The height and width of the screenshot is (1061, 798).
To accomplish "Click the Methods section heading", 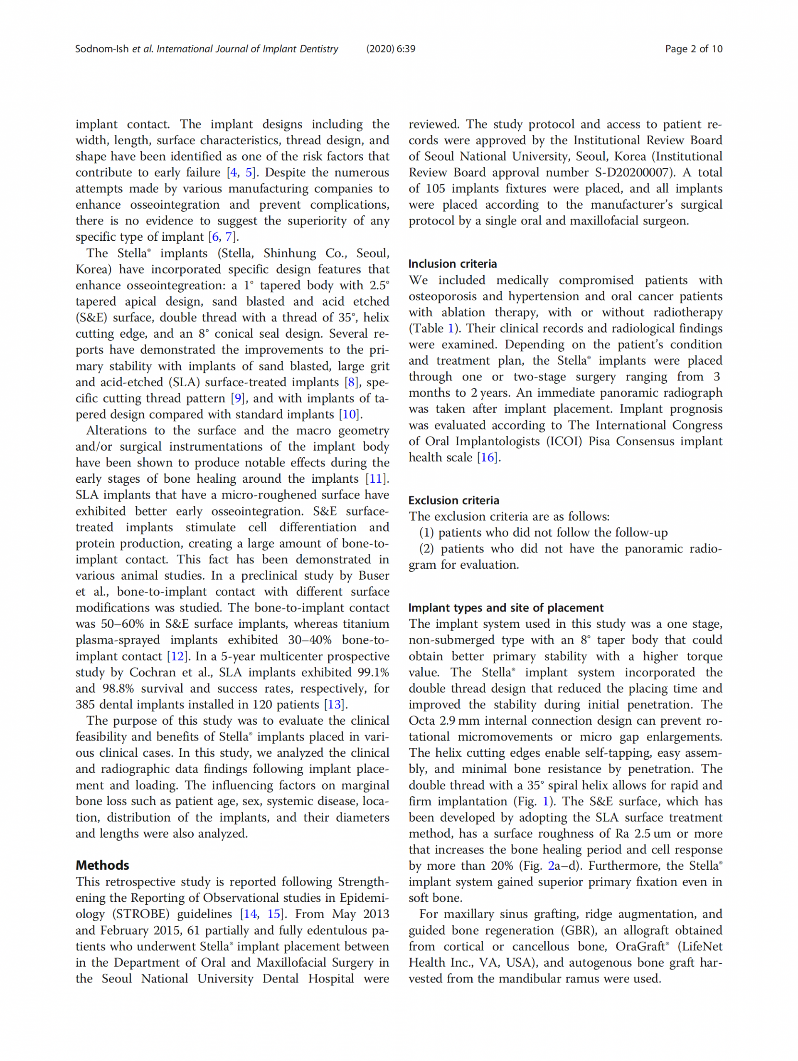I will [102, 865].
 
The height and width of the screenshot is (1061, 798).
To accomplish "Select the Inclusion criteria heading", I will [452, 264].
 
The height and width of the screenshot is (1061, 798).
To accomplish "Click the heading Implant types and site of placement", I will [506, 608].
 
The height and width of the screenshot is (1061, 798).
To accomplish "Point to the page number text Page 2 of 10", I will [693, 49].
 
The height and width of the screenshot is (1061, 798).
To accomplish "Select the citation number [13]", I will [334, 705].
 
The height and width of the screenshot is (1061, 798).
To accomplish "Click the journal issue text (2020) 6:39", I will [391, 49].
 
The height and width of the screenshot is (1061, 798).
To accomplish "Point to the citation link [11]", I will [377, 479].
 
